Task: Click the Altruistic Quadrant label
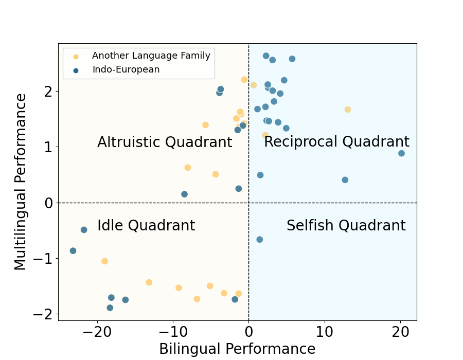click(x=165, y=142)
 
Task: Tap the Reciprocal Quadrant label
click(x=336, y=142)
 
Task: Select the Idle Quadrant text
click(x=146, y=226)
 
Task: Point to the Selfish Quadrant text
click(x=346, y=226)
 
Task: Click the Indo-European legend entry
click(x=126, y=70)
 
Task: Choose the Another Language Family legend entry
click(x=151, y=56)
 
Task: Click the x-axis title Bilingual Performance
click(x=237, y=349)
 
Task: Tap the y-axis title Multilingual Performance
click(x=21, y=182)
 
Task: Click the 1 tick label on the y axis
click(x=48, y=147)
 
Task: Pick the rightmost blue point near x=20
click(x=401, y=153)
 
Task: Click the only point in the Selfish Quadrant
click(x=260, y=240)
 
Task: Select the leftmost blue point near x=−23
click(x=73, y=251)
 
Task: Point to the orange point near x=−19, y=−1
click(x=104, y=261)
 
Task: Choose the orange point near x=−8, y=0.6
click(x=188, y=168)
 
